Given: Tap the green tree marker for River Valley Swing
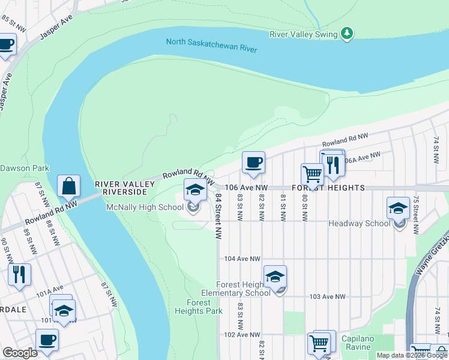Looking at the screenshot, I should [346, 34].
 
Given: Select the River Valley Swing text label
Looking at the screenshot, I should [304, 35].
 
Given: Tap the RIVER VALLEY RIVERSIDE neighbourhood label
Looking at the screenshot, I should [121, 187].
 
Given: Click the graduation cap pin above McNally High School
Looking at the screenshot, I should [194, 190].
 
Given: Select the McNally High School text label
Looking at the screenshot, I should [145, 208].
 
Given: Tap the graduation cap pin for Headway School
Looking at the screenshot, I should [398, 208].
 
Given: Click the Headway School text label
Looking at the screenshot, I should [359, 223].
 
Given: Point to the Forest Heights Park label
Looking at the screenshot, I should [198, 307].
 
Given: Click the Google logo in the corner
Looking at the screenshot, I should [20, 353].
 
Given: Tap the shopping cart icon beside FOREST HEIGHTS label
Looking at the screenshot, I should [312, 173].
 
